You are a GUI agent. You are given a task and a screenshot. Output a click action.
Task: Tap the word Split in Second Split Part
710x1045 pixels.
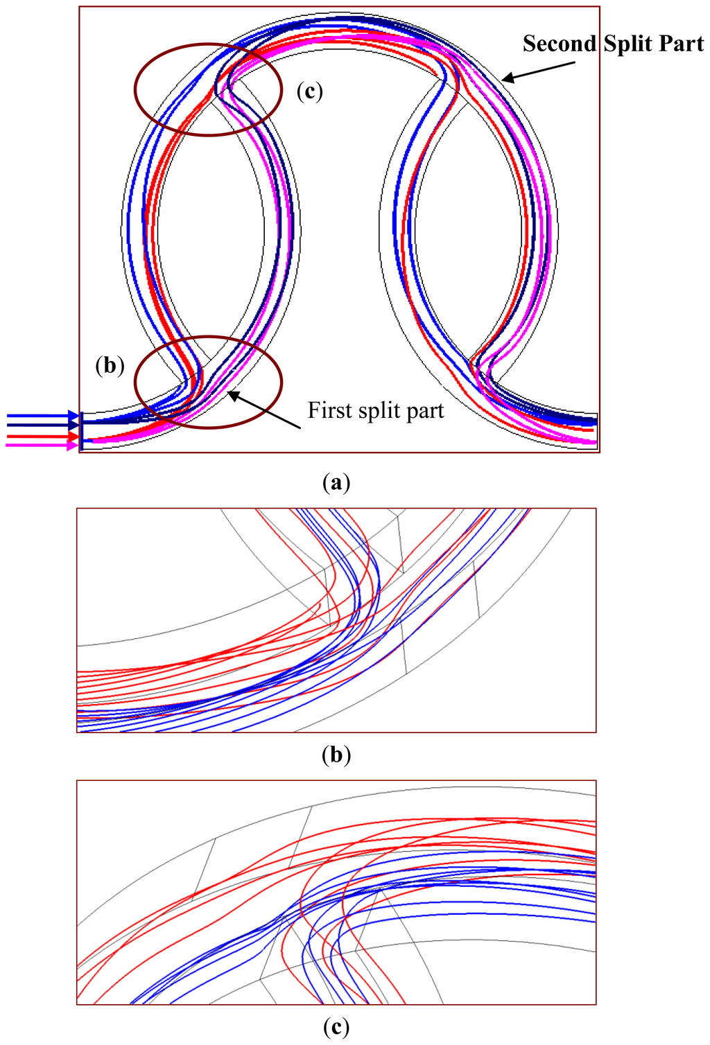(628, 44)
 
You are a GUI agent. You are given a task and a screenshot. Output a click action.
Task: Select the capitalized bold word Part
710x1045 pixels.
(682, 44)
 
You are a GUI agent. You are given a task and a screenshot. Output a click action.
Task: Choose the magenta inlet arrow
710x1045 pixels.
(42, 446)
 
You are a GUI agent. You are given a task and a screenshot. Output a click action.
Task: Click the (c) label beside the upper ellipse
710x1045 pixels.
(309, 91)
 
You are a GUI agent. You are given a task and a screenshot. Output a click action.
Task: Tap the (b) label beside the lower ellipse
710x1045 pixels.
(110, 365)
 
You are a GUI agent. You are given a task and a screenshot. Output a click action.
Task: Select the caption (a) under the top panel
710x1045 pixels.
(336, 482)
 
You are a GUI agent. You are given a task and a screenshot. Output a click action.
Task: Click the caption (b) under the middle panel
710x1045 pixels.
(336, 755)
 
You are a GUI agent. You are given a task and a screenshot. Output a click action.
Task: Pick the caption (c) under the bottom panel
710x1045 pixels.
(336, 1026)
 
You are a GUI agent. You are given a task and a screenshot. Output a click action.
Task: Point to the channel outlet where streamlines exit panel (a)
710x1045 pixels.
(594, 430)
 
